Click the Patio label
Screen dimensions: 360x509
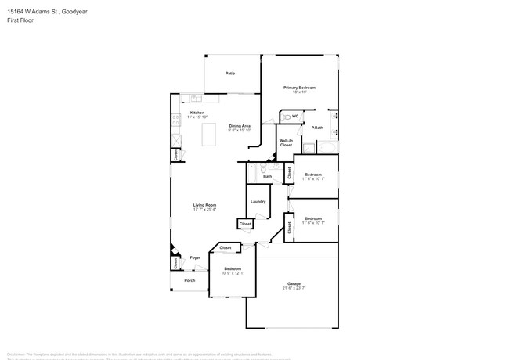(230, 73)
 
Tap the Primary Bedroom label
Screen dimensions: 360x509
(299, 88)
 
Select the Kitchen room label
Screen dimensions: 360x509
(197, 113)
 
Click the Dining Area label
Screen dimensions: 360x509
(240, 126)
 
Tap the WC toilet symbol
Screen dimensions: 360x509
(287, 117)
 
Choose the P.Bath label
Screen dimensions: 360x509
(318, 128)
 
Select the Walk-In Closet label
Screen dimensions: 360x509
(286, 143)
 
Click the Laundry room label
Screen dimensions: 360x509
(258, 201)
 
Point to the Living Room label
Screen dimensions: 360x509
(204, 206)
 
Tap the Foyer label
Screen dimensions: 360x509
(195, 257)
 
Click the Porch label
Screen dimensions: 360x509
(190, 280)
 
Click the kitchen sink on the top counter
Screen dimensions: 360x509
(194, 99)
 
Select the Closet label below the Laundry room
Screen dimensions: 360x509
(245, 224)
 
